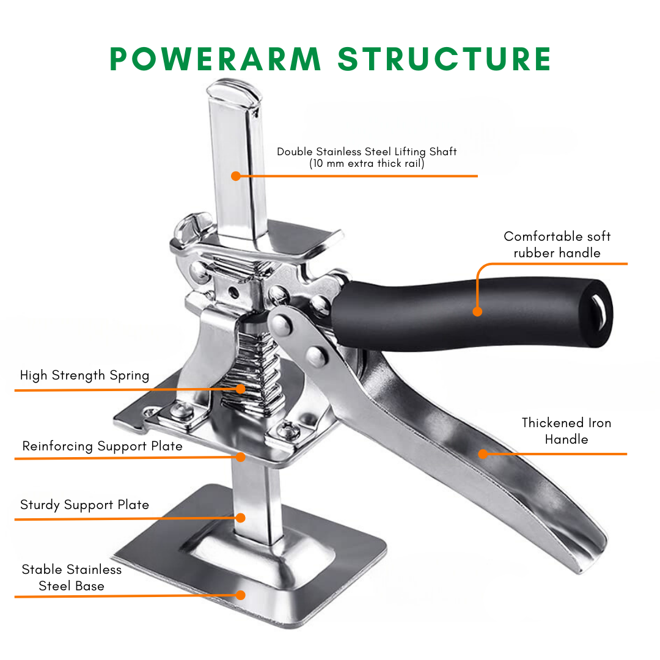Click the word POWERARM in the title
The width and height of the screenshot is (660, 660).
point(215,59)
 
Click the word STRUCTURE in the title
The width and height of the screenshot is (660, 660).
point(444,59)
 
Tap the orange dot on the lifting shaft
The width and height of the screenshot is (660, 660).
point(236,176)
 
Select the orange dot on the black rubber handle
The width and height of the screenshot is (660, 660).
point(477,312)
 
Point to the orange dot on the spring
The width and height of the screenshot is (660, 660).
point(240,389)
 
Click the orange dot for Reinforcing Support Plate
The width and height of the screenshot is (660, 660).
point(240,457)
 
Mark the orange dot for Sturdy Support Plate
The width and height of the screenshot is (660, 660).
point(240,518)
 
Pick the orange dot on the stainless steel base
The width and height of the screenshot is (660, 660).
point(240,595)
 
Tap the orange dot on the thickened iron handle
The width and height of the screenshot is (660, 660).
point(483,453)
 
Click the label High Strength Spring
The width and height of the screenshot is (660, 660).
point(84,375)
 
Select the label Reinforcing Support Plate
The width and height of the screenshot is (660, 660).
point(102,446)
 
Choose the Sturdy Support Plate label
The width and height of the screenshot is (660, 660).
point(84,505)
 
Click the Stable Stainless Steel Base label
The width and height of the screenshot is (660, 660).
point(71,577)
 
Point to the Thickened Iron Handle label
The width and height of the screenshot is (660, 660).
point(566,431)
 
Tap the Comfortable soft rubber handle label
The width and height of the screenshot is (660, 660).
point(557,244)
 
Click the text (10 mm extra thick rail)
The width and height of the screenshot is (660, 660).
point(367,164)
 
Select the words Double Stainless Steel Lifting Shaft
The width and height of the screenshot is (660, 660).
point(367,152)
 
